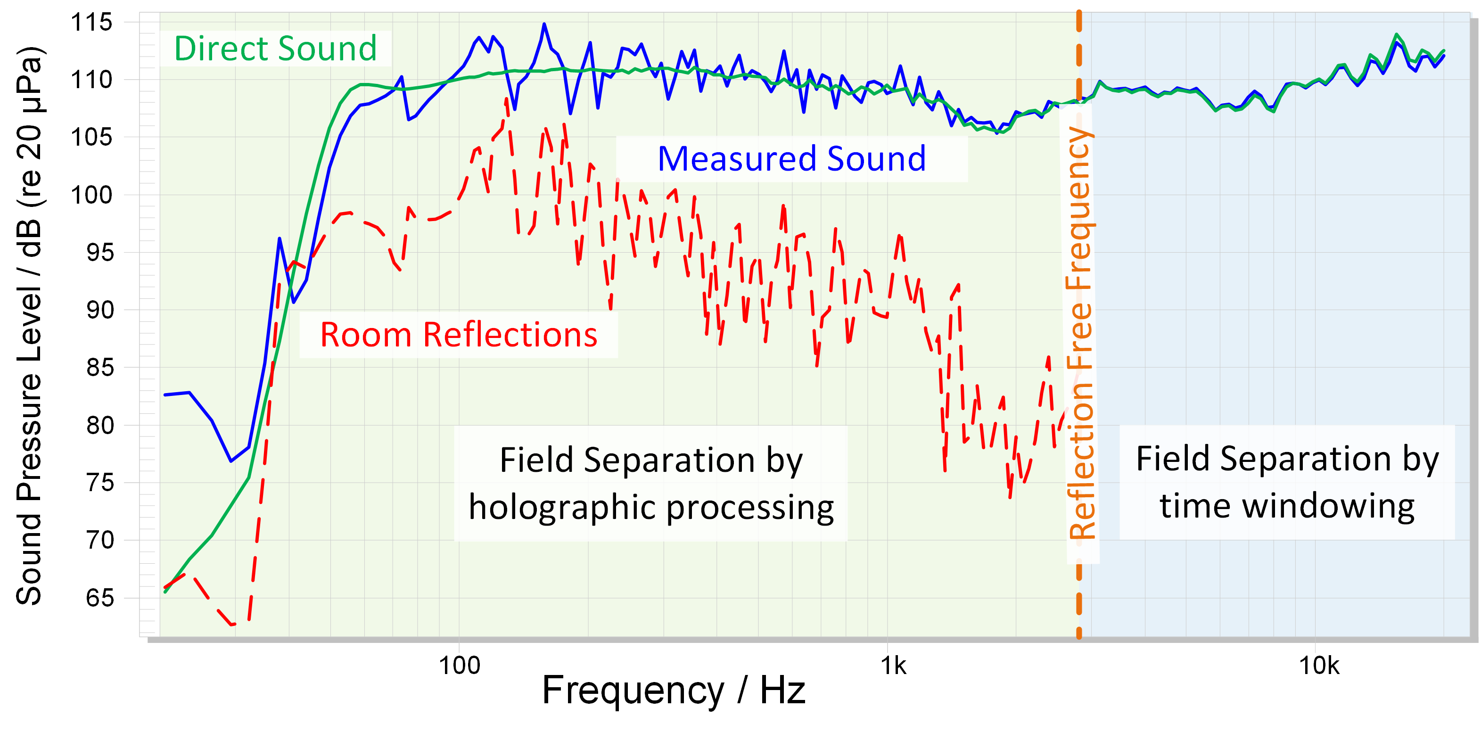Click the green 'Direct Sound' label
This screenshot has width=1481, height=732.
click(275, 49)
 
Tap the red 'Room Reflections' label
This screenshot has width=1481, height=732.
click(458, 335)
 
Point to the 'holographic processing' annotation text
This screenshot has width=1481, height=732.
click(651, 507)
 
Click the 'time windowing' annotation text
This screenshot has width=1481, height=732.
click(1287, 506)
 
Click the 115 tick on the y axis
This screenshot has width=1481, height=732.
click(91, 23)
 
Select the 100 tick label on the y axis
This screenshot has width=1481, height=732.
click(91, 196)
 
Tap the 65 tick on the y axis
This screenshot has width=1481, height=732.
click(99, 599)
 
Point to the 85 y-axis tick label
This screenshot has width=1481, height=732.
click(99, 368)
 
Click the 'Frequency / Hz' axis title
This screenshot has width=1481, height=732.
click(673, 691)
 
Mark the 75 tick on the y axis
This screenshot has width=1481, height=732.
click(99, 483)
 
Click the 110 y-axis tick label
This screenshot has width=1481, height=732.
click(91, 81)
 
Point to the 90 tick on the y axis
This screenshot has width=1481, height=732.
click(99, 311)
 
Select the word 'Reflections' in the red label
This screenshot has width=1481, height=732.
click(510, 335)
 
